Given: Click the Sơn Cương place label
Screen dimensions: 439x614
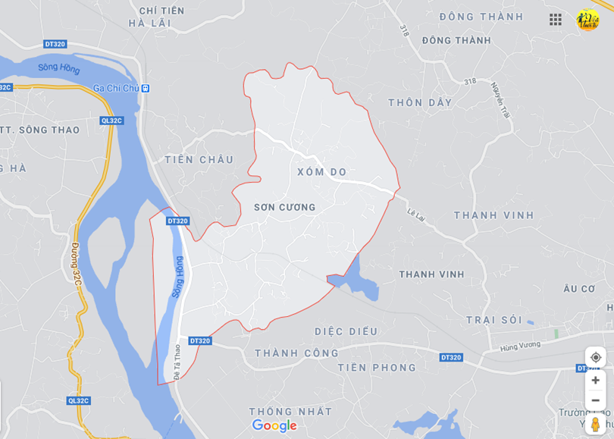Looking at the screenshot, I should (284, 207).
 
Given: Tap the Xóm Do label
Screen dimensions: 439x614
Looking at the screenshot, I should (321, 172).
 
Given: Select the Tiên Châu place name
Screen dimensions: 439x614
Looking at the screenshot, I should (199, 159).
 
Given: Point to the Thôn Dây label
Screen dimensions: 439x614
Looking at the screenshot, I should (420, 102).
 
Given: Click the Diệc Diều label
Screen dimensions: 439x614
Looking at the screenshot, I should (346, 331).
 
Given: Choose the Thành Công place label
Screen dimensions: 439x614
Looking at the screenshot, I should (296, 353).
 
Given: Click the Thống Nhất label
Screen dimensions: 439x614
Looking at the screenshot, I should (290, 412).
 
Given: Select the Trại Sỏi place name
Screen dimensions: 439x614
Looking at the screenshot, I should (493, 320).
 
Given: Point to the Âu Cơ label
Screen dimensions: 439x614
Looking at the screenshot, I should (579, 289).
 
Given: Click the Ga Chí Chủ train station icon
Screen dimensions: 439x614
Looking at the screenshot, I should (145, 89).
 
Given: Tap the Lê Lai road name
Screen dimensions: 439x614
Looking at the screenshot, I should (416, 215).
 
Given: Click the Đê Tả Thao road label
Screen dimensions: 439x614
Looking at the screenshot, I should (177, 362).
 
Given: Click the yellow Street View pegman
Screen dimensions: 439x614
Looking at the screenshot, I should (595, 424).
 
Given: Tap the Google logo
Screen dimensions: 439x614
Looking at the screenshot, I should (274, 426).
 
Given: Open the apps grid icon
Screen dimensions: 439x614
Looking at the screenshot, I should (556, 20).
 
